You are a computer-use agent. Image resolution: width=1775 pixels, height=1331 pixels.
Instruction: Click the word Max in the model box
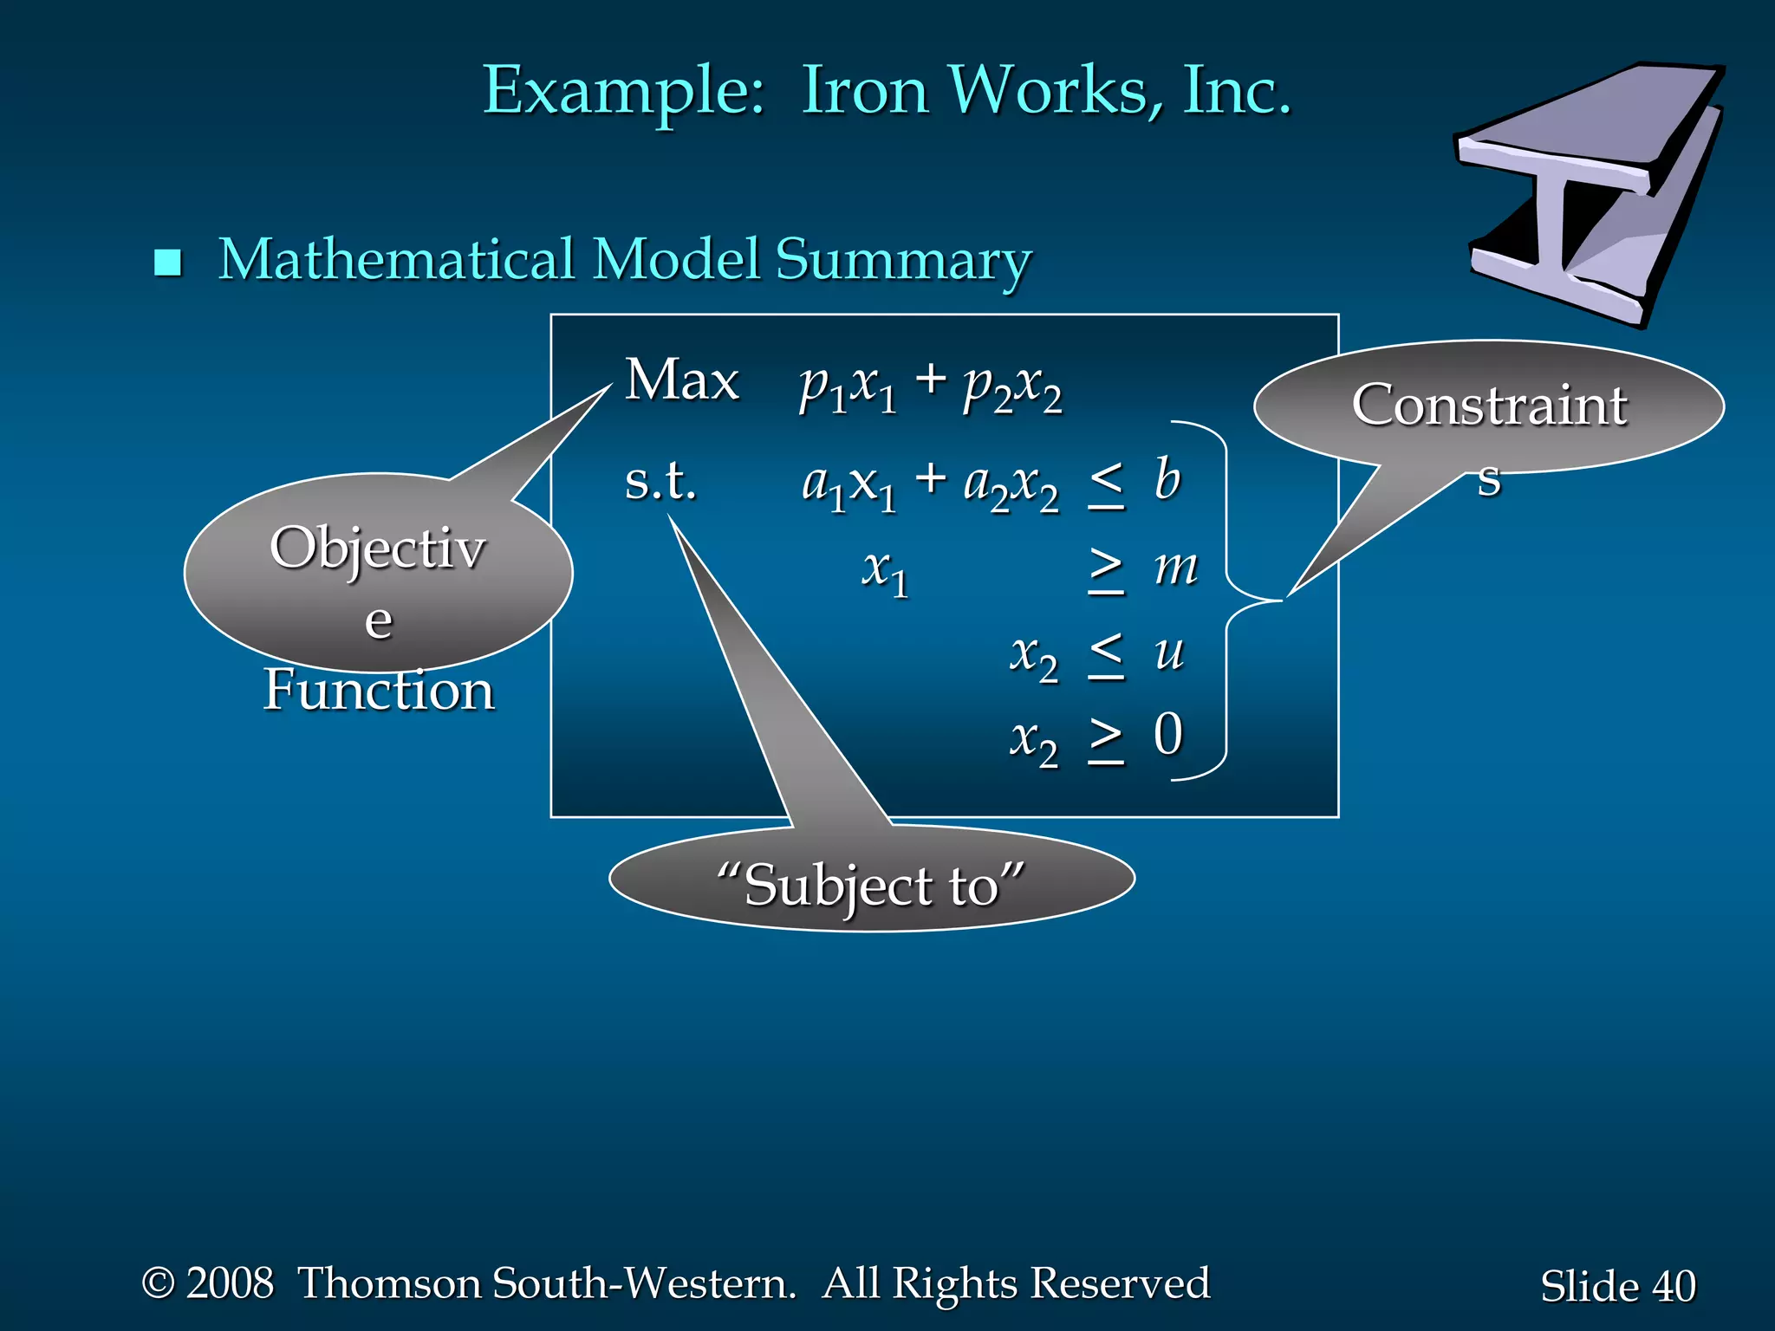[682, 380]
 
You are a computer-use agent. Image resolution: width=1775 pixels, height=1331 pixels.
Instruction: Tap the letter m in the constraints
[1175, 568]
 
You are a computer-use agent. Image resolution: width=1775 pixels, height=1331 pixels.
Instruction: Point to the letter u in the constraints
[1169, 652]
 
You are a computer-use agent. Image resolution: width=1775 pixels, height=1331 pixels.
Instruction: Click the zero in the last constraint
[1168, 735]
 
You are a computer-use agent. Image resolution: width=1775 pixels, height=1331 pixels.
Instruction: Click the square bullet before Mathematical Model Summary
[167, 263]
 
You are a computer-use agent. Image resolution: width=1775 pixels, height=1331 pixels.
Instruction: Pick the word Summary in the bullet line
[903, 260]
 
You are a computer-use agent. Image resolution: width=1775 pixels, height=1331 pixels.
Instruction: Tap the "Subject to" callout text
[871, 886]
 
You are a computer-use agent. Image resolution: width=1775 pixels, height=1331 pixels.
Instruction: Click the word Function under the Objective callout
[379, 691]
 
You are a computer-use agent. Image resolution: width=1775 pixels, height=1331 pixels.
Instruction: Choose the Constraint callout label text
[1489, 406]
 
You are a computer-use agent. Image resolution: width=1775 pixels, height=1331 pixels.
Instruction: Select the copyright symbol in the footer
[158, 1282]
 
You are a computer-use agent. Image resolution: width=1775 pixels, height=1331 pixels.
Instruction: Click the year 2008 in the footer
[230, 1283]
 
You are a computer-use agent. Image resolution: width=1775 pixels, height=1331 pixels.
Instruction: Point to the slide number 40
[1674, 1286]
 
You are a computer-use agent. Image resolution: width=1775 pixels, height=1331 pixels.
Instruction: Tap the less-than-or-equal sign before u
[1107, 656]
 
